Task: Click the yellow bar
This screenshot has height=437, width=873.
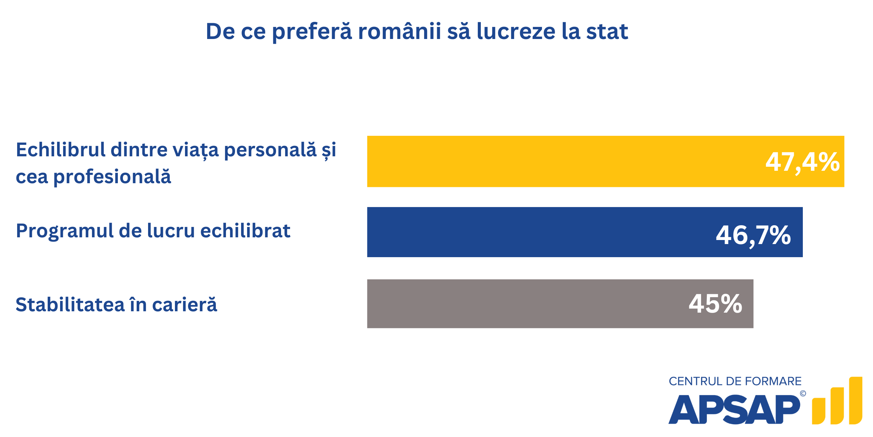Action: coord(559,161)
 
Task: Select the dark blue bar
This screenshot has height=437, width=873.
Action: coord(542,232)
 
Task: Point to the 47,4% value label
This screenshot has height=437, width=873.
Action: coord(802,162)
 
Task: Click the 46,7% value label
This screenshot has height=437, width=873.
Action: coord(753,235)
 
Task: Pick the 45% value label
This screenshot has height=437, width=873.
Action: coord(716,304)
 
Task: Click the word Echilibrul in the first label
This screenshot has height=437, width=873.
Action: coord(61,150)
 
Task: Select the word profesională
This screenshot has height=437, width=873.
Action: coord(112,177)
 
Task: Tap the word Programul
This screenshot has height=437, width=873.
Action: coord(65,231)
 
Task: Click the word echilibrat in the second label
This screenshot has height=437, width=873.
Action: coord(245,231)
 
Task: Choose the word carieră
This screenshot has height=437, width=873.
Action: coord(184,304)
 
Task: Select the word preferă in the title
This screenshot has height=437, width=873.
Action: coord(312,32)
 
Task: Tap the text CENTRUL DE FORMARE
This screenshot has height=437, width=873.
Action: coord(735,381)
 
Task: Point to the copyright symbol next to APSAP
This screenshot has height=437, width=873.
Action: coord(803,394)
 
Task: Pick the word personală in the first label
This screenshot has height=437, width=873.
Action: coord(270,150)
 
